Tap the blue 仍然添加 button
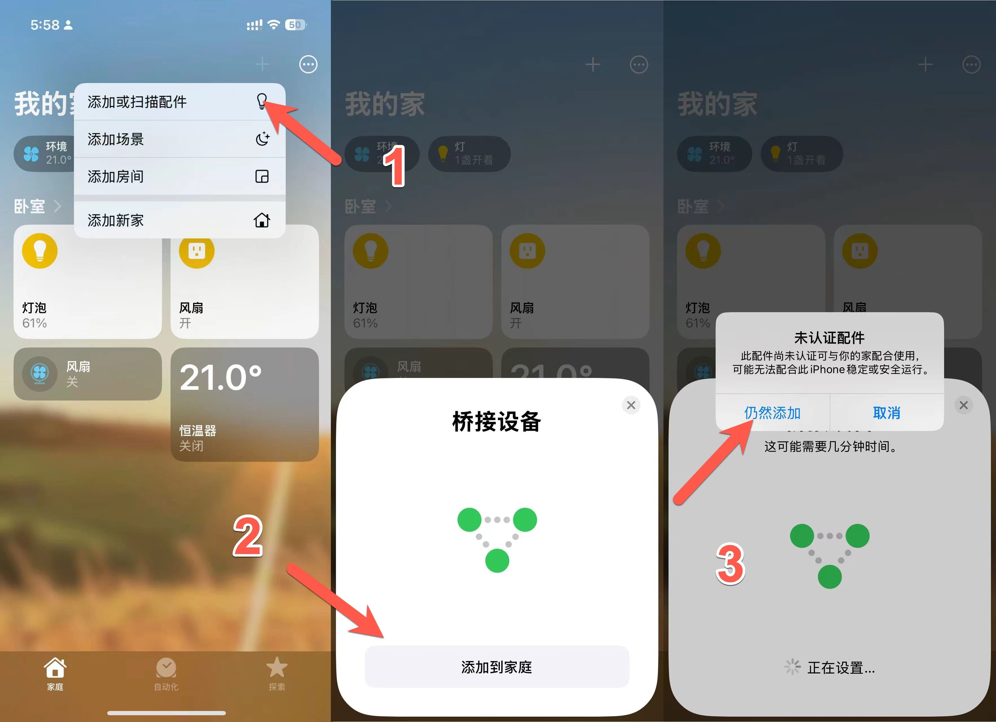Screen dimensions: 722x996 coord(772,413)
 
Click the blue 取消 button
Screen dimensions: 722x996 coord(886,413)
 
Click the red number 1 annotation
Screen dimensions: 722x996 coord(394,167)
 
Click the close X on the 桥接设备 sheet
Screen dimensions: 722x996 coord(631,405)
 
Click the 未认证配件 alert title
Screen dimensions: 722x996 coord(829,338)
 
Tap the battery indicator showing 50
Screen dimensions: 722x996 coord(295,25)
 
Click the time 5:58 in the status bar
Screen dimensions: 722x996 coord(45,25)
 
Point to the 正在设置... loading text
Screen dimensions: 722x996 coord(841,668)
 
